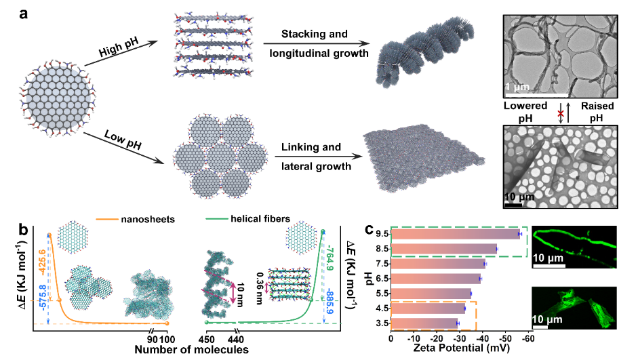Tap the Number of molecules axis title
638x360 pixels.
(x=192, y=350)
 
